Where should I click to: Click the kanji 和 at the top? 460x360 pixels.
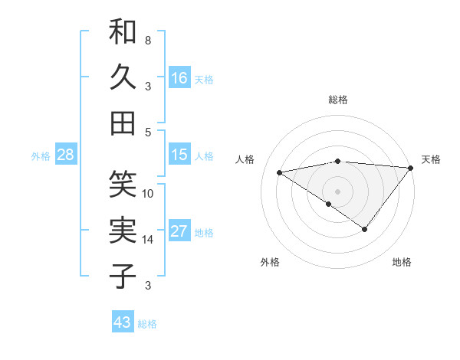[x=123, y=32]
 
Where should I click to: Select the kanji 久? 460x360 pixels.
[x=123, y=77]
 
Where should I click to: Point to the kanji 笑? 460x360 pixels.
[x=123, y=184]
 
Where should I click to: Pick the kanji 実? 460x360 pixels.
[x=123, y=230]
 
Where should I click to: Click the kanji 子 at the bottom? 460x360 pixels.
[x=123, y=276]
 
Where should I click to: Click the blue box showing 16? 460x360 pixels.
[x=179, y=78]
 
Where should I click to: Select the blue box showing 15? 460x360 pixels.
[x=179, y=155]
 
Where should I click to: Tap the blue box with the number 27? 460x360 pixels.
[x=179, y=231]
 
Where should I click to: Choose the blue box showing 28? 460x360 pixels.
[x=66, y=155]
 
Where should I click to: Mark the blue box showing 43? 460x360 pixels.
[x=123, y=322]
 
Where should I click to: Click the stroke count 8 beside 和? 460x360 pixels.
[x=147, y=40]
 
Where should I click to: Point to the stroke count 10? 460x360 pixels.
[x=148, y=193]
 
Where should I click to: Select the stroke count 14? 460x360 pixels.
[x=148, y=240]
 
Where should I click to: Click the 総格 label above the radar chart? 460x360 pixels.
[x=338, y=100]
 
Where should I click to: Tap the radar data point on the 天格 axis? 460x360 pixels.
[x=411, y=168]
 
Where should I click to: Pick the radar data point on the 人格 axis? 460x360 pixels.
[x=279, y=172]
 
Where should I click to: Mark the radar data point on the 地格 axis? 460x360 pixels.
[x=365, y=229]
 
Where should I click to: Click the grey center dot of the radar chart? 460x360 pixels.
[x=337, y=191]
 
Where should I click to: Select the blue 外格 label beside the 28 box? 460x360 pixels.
[x=41, y=156]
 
